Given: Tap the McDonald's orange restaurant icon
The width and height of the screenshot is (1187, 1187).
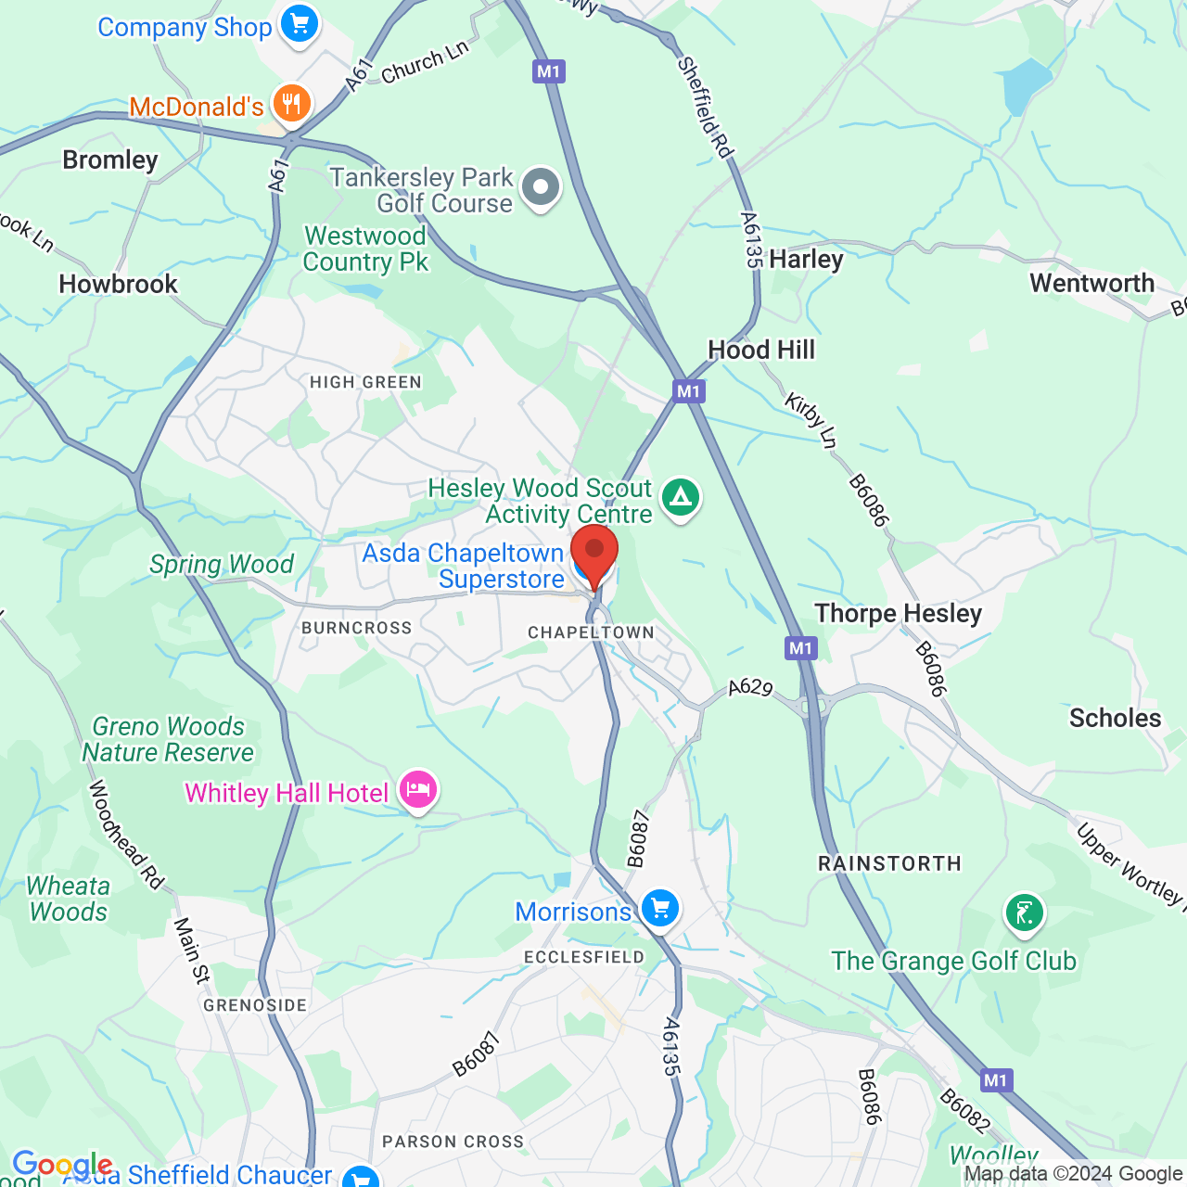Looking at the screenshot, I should click(291, 103).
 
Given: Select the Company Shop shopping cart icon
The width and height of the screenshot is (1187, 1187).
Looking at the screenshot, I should click(300, 24).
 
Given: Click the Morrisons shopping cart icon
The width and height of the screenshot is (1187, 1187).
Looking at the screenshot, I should click(660, 907).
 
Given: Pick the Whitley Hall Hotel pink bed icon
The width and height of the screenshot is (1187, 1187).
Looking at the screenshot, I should click(418, 790).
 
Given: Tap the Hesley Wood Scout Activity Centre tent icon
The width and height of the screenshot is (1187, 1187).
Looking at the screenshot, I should click(682, 497).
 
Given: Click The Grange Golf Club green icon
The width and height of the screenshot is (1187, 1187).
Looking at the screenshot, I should click(1025, 913).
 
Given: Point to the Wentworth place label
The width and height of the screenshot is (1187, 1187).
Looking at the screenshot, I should click(1091, 283).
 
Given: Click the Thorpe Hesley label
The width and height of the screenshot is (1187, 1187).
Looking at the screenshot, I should click(898, 613).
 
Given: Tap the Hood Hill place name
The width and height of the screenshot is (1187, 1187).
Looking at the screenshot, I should click(761, 350).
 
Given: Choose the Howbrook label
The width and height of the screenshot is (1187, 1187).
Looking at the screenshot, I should click(118, 284).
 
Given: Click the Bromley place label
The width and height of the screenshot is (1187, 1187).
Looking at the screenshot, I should click(110, 160).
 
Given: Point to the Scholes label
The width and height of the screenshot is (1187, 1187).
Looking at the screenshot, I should click(1115, 718).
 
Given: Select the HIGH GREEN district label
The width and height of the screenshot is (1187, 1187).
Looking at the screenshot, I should click(365, 382).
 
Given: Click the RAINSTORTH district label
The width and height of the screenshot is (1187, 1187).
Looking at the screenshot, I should click(889, 863).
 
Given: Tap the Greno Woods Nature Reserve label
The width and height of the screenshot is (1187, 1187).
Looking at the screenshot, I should click(168, 739).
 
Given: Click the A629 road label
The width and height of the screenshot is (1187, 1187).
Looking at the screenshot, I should click(750, 687).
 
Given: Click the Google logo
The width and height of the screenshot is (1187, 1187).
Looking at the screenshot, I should click(62, 1164).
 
